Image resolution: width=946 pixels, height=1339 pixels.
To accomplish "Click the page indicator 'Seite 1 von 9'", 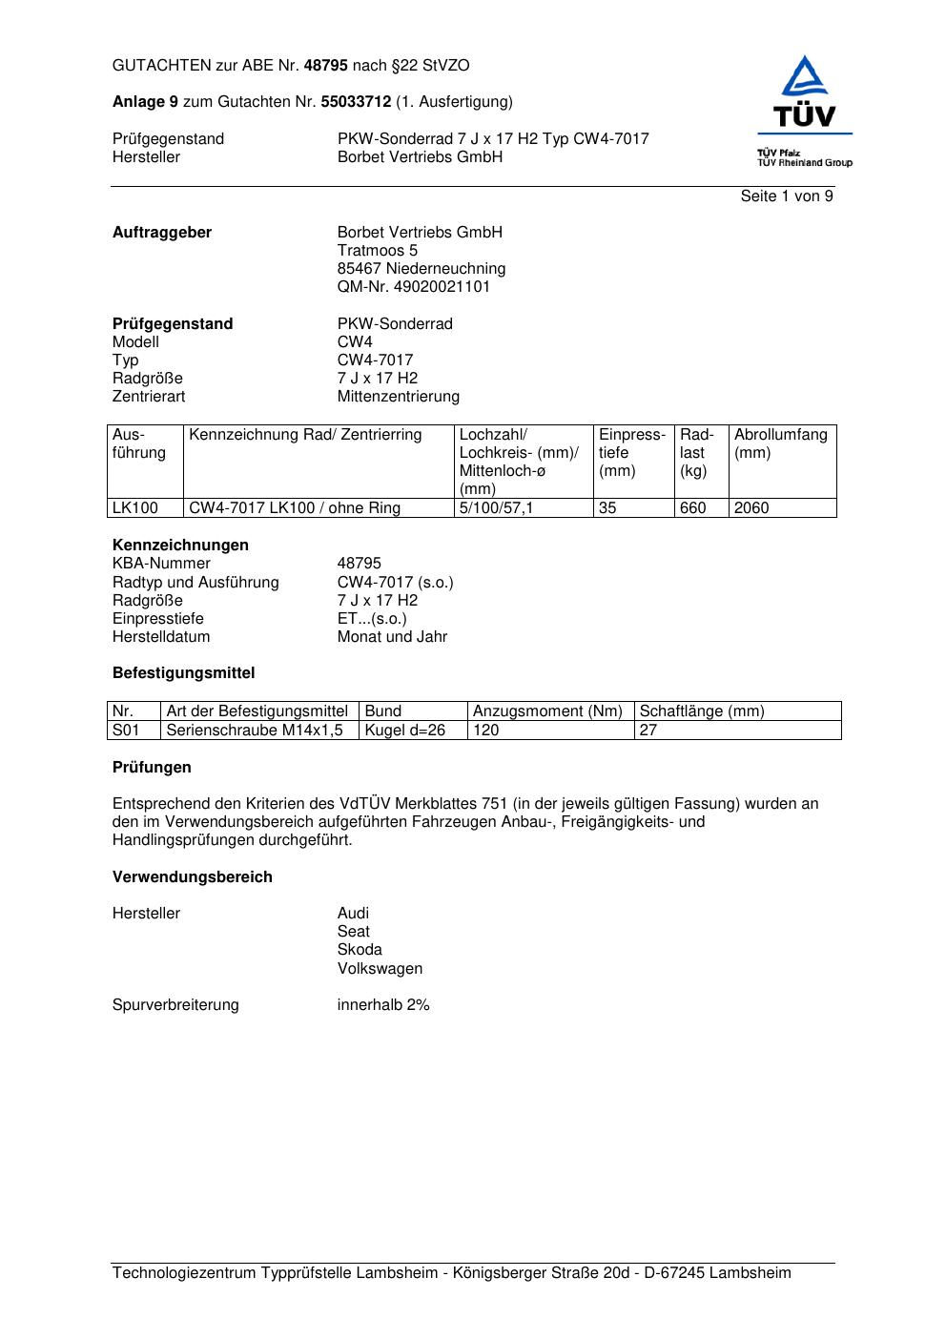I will (x=787, y=196).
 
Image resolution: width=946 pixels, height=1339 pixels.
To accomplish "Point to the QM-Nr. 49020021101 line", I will (x=414, y=287).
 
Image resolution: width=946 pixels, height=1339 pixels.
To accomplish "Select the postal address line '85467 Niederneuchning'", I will (x=422, y=269).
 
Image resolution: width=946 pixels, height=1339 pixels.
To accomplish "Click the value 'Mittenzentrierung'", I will (x=398, y=397).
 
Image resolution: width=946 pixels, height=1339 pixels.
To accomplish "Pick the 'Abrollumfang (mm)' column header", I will (x=781, y=443).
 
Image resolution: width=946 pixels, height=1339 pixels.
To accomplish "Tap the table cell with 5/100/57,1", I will (x=496, y=508).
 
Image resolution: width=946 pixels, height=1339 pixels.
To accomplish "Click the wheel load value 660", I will (x=693, y=508).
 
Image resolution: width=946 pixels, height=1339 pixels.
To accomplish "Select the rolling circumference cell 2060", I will (x=751, y=508).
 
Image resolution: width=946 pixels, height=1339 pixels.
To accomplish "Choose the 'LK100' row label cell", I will (x=135, y=508).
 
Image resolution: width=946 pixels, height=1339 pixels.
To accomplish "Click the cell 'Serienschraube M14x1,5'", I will (x=255, y=731).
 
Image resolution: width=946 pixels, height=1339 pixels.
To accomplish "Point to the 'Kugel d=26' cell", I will (x=405, y=731).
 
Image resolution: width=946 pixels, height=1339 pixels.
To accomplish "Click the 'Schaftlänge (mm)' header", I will (x=702, y=711).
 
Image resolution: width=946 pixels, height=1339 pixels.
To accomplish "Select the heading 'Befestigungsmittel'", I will (x=184, y=673).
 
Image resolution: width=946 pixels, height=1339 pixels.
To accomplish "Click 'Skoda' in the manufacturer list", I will (x=360, y=950).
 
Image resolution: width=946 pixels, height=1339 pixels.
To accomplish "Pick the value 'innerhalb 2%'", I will (x=383, y=1005).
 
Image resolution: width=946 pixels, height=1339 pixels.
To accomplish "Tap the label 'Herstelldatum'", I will (x=161, y=637).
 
